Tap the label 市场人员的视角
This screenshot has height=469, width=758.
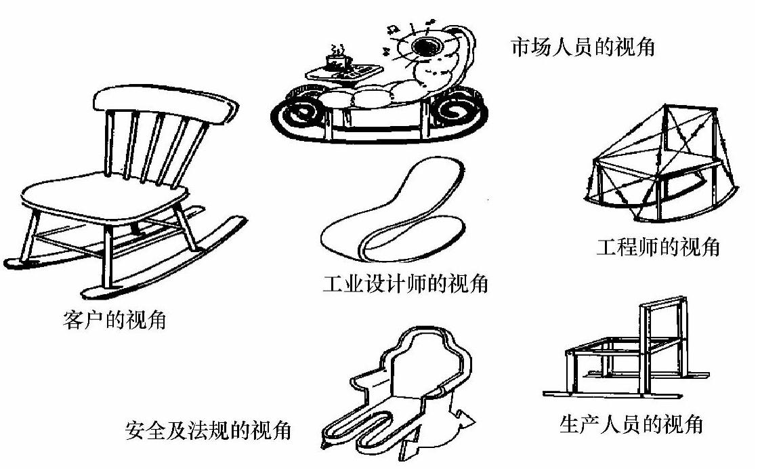point(582,47)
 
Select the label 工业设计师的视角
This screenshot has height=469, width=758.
point(406,284)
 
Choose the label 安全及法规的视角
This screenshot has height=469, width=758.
point(209,430)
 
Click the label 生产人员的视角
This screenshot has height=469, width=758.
point(631,424)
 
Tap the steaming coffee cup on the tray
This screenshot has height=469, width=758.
point(336,60)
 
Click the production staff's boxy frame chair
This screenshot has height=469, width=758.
point(627,352)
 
